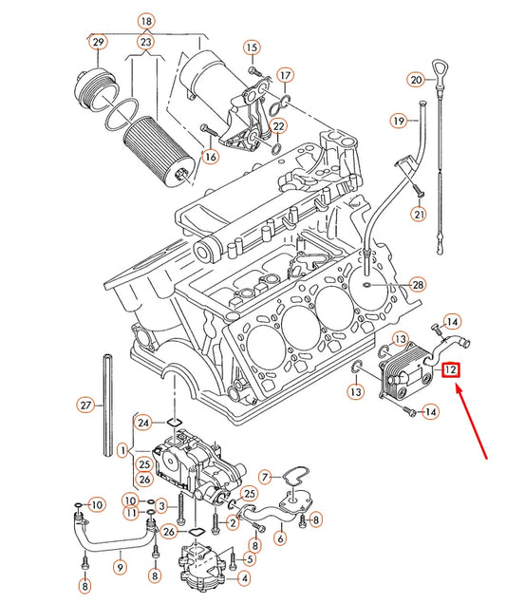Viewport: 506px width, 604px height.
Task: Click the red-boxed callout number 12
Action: click(x=451, y=371)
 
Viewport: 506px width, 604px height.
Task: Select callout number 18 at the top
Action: click(x=145, y=21)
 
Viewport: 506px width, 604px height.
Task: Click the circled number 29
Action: click(x=98, y=42)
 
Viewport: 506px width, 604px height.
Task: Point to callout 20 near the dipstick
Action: click(x=416, y=79)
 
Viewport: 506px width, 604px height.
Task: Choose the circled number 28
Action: click(x=418, y=285)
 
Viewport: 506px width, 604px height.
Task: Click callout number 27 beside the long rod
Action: click(x=84, y=406)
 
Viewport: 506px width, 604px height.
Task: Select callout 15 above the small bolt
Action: click(x=251, y=47)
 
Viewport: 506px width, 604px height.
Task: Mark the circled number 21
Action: click(x=419, y=215)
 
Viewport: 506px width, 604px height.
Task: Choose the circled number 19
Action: click(x=400, y=121)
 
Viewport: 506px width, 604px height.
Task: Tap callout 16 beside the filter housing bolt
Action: click(x=210, y=156)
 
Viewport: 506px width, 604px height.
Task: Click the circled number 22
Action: click(x=279, y=126)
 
